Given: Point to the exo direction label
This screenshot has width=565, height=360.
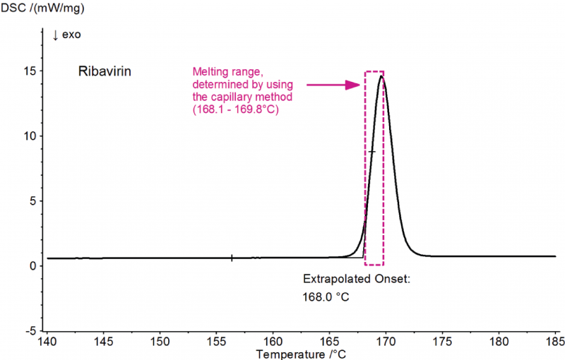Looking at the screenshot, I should pyautogui.click(x=67, y=35).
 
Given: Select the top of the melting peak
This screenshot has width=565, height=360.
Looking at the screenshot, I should pyautogui.click(x=381, y=76).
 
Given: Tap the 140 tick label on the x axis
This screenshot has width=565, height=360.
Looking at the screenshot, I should pyautogui.click(x=47, y=340).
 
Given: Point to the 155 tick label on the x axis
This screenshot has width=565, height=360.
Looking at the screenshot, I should pyautogui.click(x=215, y=340).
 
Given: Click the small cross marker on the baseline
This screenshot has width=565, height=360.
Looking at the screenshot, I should pyautogui.click(x=232, y=258).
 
